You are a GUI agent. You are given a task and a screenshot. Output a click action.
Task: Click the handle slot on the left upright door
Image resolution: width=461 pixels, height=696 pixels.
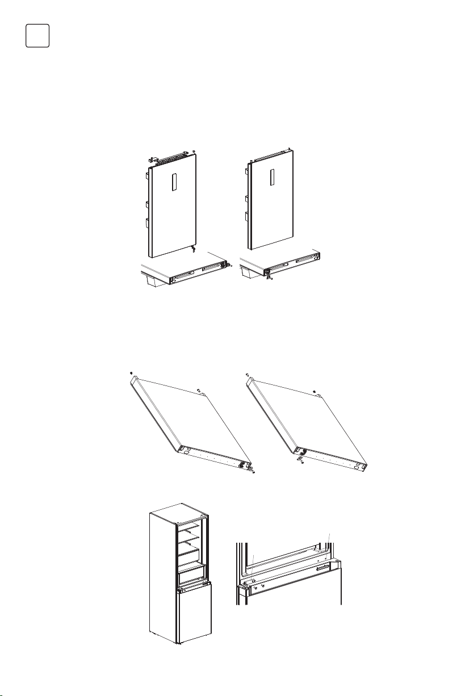pyautogui.click(x=175, y=183)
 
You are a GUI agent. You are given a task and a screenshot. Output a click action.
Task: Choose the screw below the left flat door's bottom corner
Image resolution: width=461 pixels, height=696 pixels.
pyautogui.click(x=253, y=471)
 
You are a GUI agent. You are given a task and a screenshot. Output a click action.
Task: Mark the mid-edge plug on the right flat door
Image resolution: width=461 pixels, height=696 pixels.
pyautogui.click(x=314, y=391)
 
